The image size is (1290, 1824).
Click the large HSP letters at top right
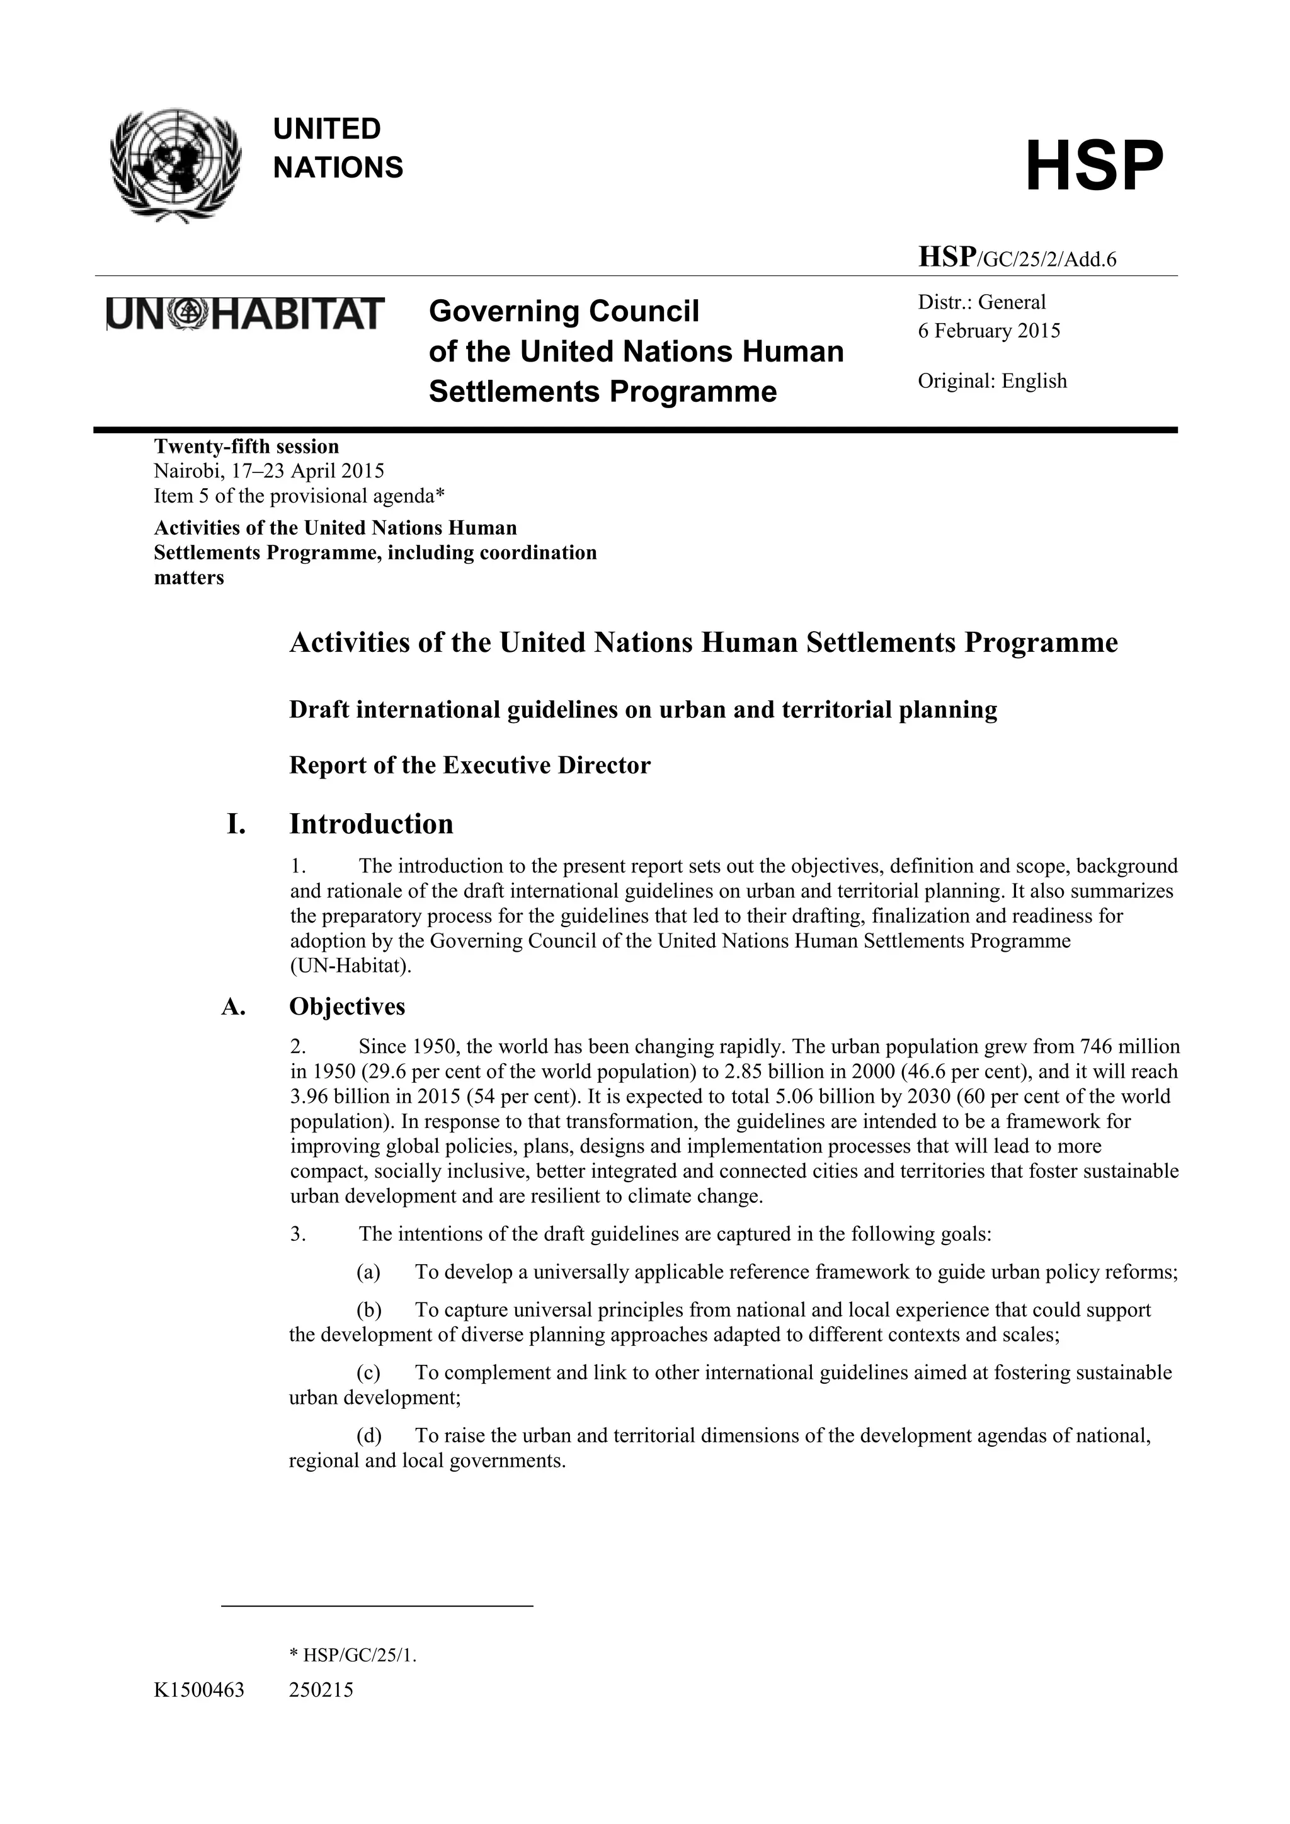(1094, 166)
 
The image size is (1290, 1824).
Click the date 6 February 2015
(989, 331)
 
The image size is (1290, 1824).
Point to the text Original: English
(992, 380)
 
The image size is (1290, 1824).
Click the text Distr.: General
(982, 302)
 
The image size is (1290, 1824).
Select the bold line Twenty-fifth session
(246, 446)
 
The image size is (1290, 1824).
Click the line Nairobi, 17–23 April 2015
(268, 471)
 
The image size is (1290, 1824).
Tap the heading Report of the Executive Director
(469, 765)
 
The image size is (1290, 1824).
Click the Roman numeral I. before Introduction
(236, 824)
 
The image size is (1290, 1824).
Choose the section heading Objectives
(347, 1006)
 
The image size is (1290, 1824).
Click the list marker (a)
(368, 1273)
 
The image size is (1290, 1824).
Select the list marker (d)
(368, 1435)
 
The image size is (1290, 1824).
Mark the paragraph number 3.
(298, 1234)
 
